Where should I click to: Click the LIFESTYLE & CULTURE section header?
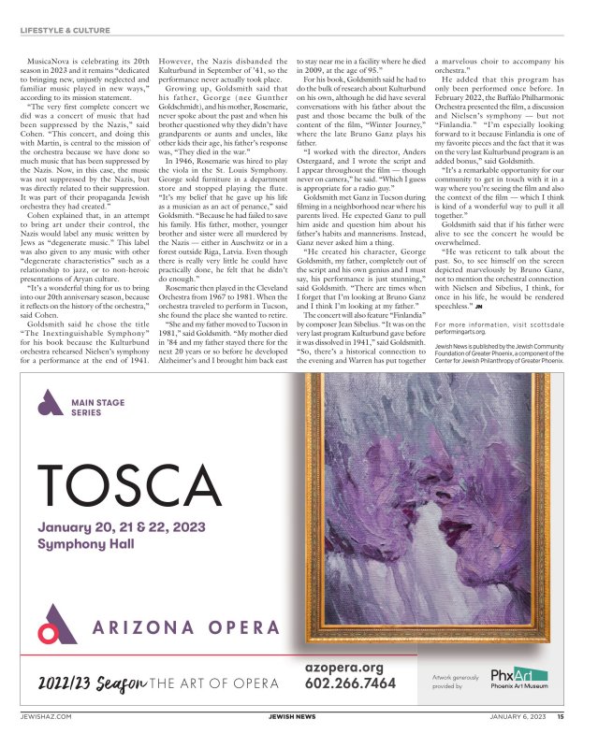(x=65, y=31)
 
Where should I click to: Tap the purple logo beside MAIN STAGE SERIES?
(x=49, y=405)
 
